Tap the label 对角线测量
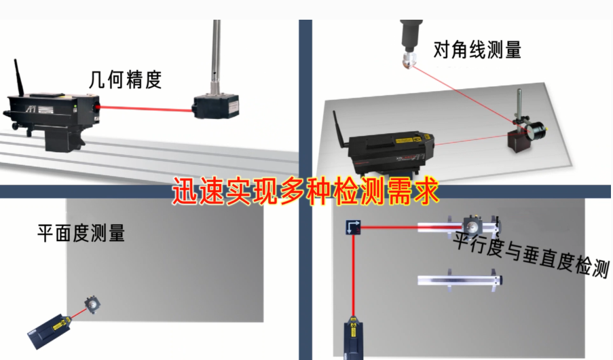[x=477, y=50]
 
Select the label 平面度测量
[x=81, y=234]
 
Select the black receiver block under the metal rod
[x=215, y=107]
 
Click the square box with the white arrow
[x=352, y=228]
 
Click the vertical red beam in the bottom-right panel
[x=353, y=272]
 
